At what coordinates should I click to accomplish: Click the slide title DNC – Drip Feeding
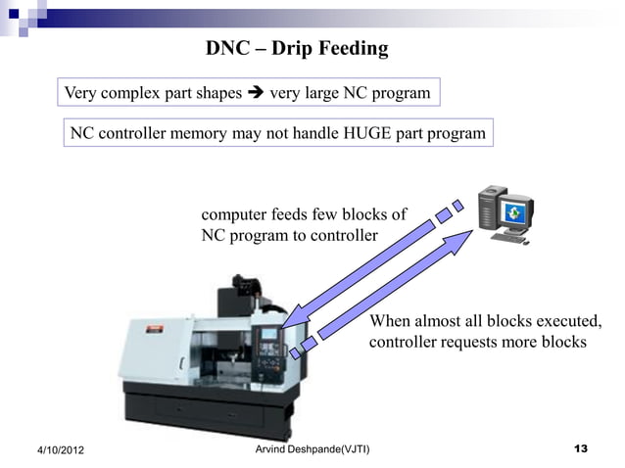[297, 48]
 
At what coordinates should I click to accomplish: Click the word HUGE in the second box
[366, 132]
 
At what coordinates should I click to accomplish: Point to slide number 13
[580, 448]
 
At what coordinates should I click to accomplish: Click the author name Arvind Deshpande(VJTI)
[312, 448]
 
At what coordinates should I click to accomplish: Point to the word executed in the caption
[571, 322]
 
